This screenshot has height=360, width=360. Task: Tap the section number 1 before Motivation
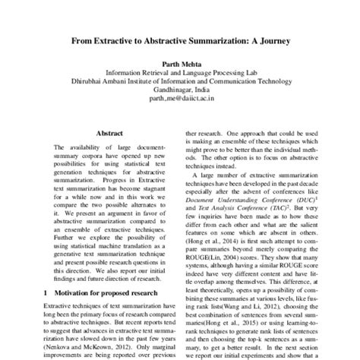pyautogui.click(x=46, y=291)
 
